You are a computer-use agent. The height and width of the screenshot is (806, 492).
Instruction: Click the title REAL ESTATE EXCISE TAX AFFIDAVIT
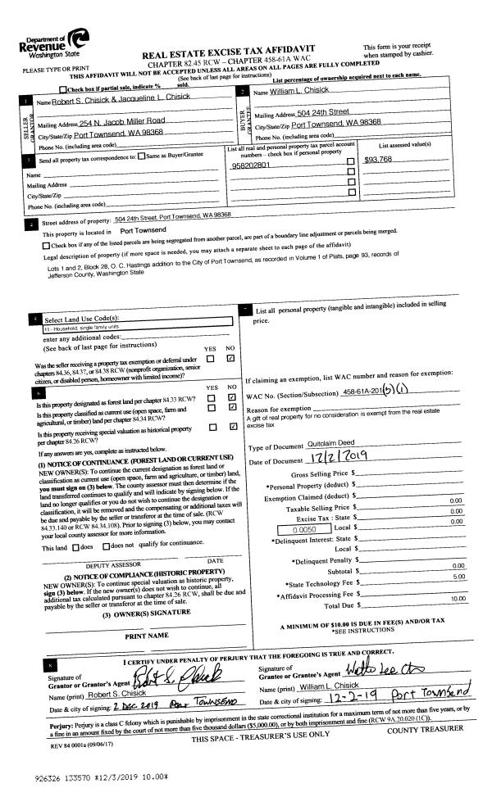[x=227, y=50]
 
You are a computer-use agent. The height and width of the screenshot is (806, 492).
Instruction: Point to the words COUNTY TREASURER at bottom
[x=424, y=727]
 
